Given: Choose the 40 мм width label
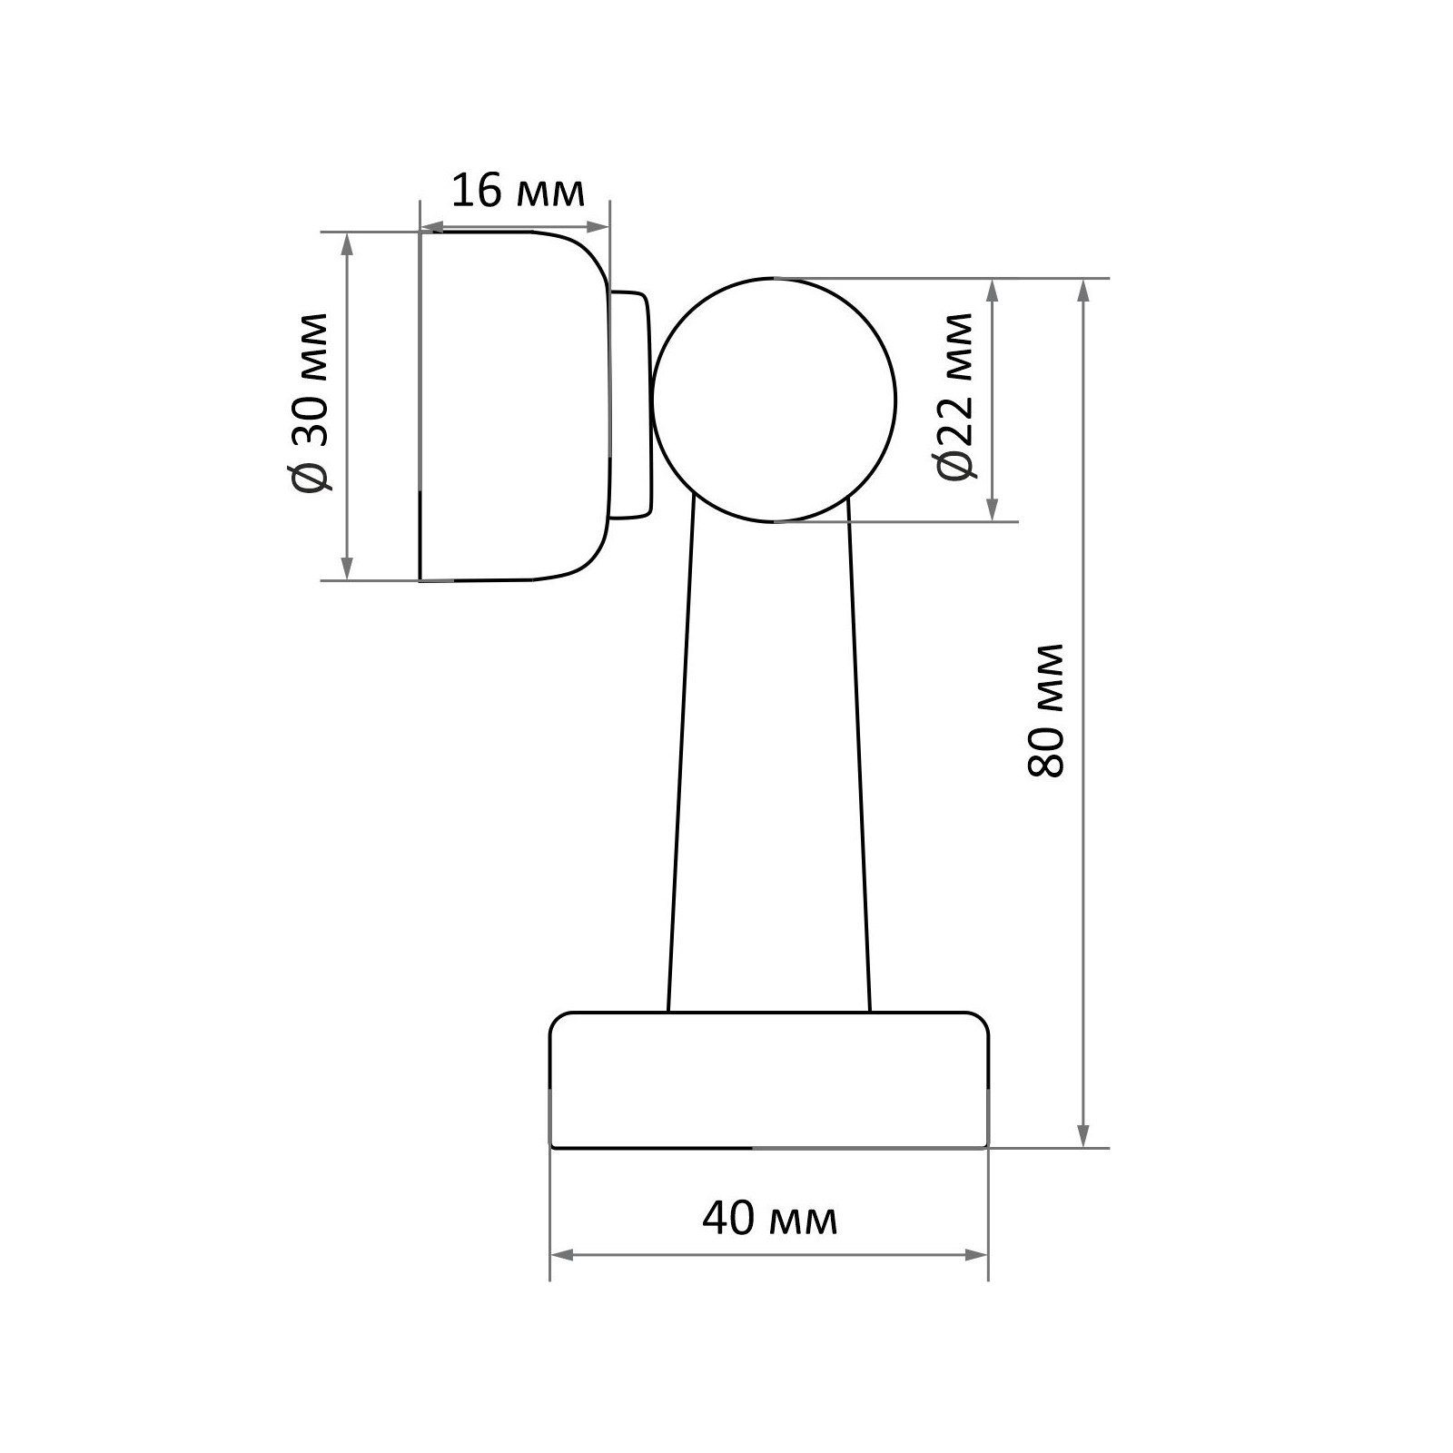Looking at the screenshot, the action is [770, 1219].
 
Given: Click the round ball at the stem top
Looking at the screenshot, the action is [774, 400].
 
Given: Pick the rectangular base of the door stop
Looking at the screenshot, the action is [769, 1080].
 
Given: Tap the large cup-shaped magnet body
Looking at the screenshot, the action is [514, 405].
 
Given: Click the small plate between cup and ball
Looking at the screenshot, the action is [631, 404].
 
